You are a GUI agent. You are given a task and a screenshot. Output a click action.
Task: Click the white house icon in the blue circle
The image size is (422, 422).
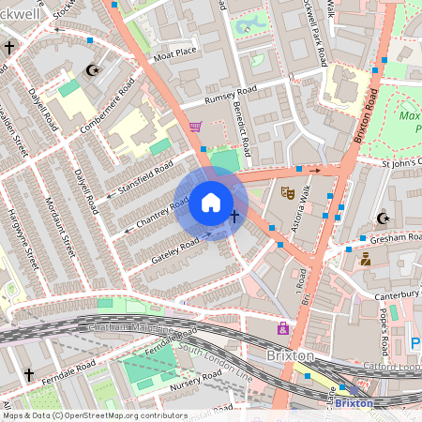211,203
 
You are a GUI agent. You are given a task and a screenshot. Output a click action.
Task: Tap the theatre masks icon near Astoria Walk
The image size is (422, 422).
288,193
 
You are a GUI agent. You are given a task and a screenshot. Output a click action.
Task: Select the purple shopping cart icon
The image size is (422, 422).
195,127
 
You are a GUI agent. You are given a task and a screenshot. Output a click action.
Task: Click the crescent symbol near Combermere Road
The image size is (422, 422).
92,70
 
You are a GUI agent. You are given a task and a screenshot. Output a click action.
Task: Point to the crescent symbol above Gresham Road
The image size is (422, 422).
383,219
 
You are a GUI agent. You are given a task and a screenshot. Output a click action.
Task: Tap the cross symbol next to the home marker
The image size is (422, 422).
234,218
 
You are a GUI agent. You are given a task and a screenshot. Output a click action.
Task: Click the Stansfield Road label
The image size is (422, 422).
144,178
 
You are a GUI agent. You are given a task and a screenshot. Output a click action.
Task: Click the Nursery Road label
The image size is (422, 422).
196,380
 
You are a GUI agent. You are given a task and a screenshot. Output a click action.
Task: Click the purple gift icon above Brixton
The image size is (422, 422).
282,328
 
